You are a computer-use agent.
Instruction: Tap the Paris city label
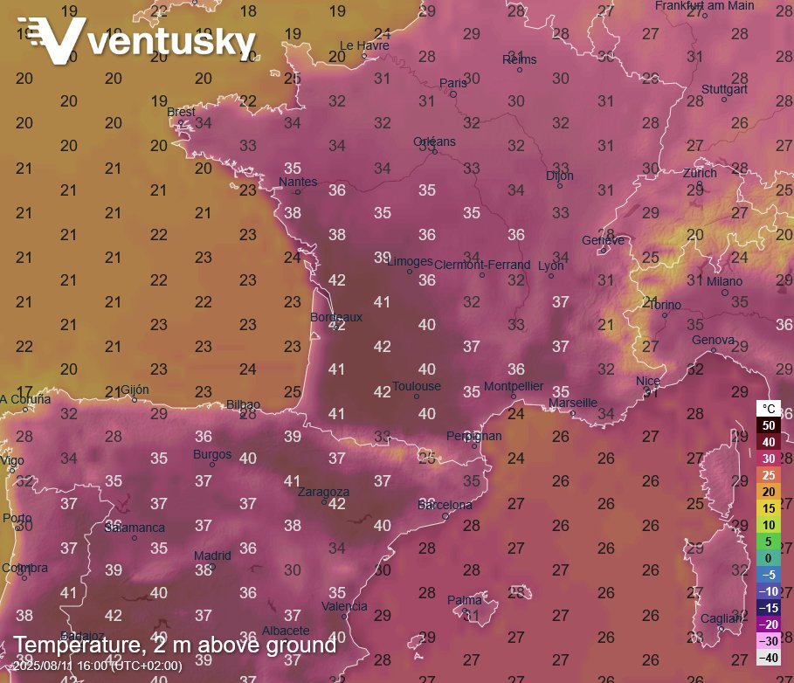tap(453, 84)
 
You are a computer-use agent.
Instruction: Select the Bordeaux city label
tap(336, 317)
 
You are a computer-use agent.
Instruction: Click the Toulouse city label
tap(417, 386)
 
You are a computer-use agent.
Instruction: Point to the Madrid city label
tap(212, 555)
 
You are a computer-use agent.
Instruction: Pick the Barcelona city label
tap(445, 505)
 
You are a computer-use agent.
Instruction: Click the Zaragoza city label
tap(323, 492)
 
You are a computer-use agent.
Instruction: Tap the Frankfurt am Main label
tap(704, 6)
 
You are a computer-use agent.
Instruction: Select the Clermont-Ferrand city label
tap(482, 265)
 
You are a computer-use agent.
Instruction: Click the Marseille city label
tap(573, 403)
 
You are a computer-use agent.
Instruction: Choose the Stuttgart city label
tap(724, 89)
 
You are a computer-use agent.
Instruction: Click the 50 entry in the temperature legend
tap(769, 425)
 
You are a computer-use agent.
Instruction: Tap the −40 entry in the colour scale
tap(769, 658)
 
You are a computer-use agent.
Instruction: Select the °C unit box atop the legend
tap(769, 409)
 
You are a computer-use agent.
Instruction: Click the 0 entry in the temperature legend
tap(769, 558)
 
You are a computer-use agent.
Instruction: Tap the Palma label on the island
tap(465, 600)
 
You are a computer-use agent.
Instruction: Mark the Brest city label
tap(182, 112)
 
